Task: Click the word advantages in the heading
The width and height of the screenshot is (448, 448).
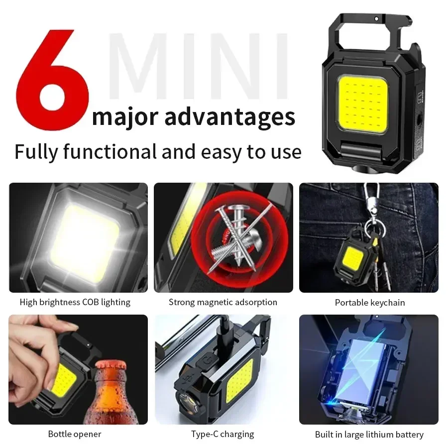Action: pyautogui.click(x=229, y=116)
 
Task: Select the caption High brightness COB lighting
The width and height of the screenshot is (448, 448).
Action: pyautogui.click(x=75, y=302)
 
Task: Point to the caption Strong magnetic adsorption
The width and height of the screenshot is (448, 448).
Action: pyautogui.click(x=223, y=302)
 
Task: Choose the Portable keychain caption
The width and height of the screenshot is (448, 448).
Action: pyautogui.click(x=370, y=303)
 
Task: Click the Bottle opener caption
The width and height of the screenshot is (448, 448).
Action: pyautogui.click(x=75, y=434)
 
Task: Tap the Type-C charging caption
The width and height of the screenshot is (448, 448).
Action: pyautogui.click(x=223, y=434)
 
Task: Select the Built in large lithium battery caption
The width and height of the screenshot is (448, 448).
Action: pyautogui.click(x=369, y=435)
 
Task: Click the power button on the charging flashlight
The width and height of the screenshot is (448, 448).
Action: pyautogui.click(x=205, y=361)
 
